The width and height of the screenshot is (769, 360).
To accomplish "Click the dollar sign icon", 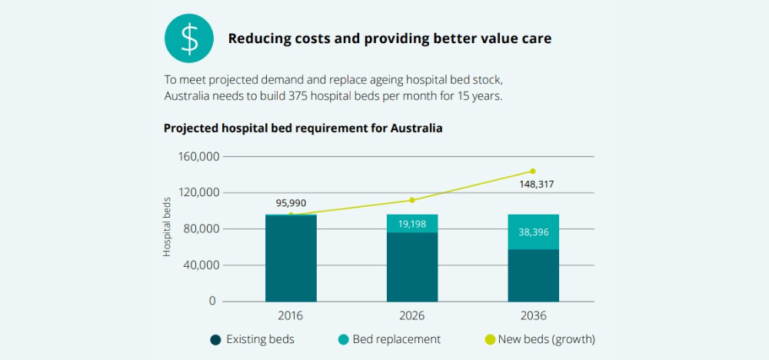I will pyautogui.click(x=189, y=38).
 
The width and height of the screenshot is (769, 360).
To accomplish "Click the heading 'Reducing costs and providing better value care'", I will pyautogui.click(x=389, y=38).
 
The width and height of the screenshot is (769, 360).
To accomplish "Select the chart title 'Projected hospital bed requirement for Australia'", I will pyautogui.click(x=303, y=128).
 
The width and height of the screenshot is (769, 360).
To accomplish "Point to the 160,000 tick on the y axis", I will pyautogui.click(x=198, y=157).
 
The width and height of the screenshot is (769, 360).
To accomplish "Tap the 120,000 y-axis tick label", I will pyautogui.click(x=198, y=193).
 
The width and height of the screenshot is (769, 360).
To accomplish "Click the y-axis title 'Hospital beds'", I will pyautogui.click(x=168, y=227).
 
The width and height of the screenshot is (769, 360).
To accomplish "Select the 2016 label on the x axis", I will pyautogui.click(x=291, y=316).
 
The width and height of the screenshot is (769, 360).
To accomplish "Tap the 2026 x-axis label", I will pyautogui.click(x=412, y=316).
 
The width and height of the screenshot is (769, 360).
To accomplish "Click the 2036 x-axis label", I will pyautogui.click(x=533, y=316).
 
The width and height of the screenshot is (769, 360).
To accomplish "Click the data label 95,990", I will pyautogui.click(x=291, y=203).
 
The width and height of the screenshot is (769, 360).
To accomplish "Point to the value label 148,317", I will pyautogui.click(x=533, y=185).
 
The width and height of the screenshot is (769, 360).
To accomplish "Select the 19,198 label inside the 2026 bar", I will pyautogui.click(x=412, y=224).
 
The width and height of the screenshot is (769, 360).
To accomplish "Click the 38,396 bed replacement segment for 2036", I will pyautogui.click(x=533, y=232).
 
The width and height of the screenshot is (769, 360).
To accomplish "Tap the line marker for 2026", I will pyautogui.click(x=412, y=200).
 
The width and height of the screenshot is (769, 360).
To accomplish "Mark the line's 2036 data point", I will pyautogui.click(x=533, y=172).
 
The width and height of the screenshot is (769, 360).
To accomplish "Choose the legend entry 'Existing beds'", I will pyautogui.click(x=251, y=339).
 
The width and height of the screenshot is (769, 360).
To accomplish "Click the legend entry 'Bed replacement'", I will pyautogui.click(x=388, y=339).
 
